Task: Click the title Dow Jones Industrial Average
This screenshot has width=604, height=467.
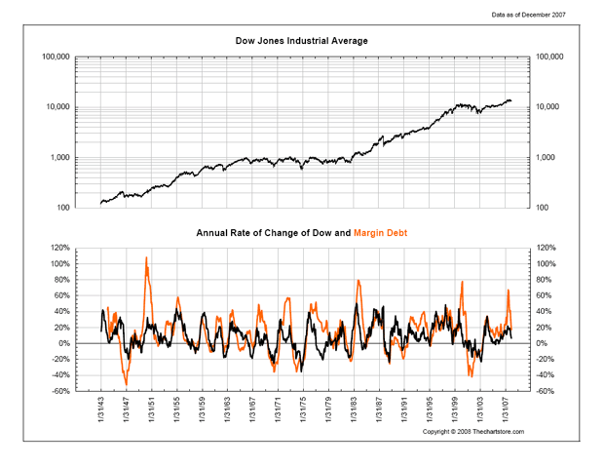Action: (x=301, y=40)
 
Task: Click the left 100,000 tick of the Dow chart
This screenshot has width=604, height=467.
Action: (x=56, y=58)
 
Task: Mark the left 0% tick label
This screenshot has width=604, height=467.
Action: (x=65, y=343)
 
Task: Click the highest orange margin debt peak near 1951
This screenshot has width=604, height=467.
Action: (x=146, y=258)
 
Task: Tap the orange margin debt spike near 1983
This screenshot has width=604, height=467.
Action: (x=359, y=282)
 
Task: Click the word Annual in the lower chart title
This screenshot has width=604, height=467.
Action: (x=211, y=234)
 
